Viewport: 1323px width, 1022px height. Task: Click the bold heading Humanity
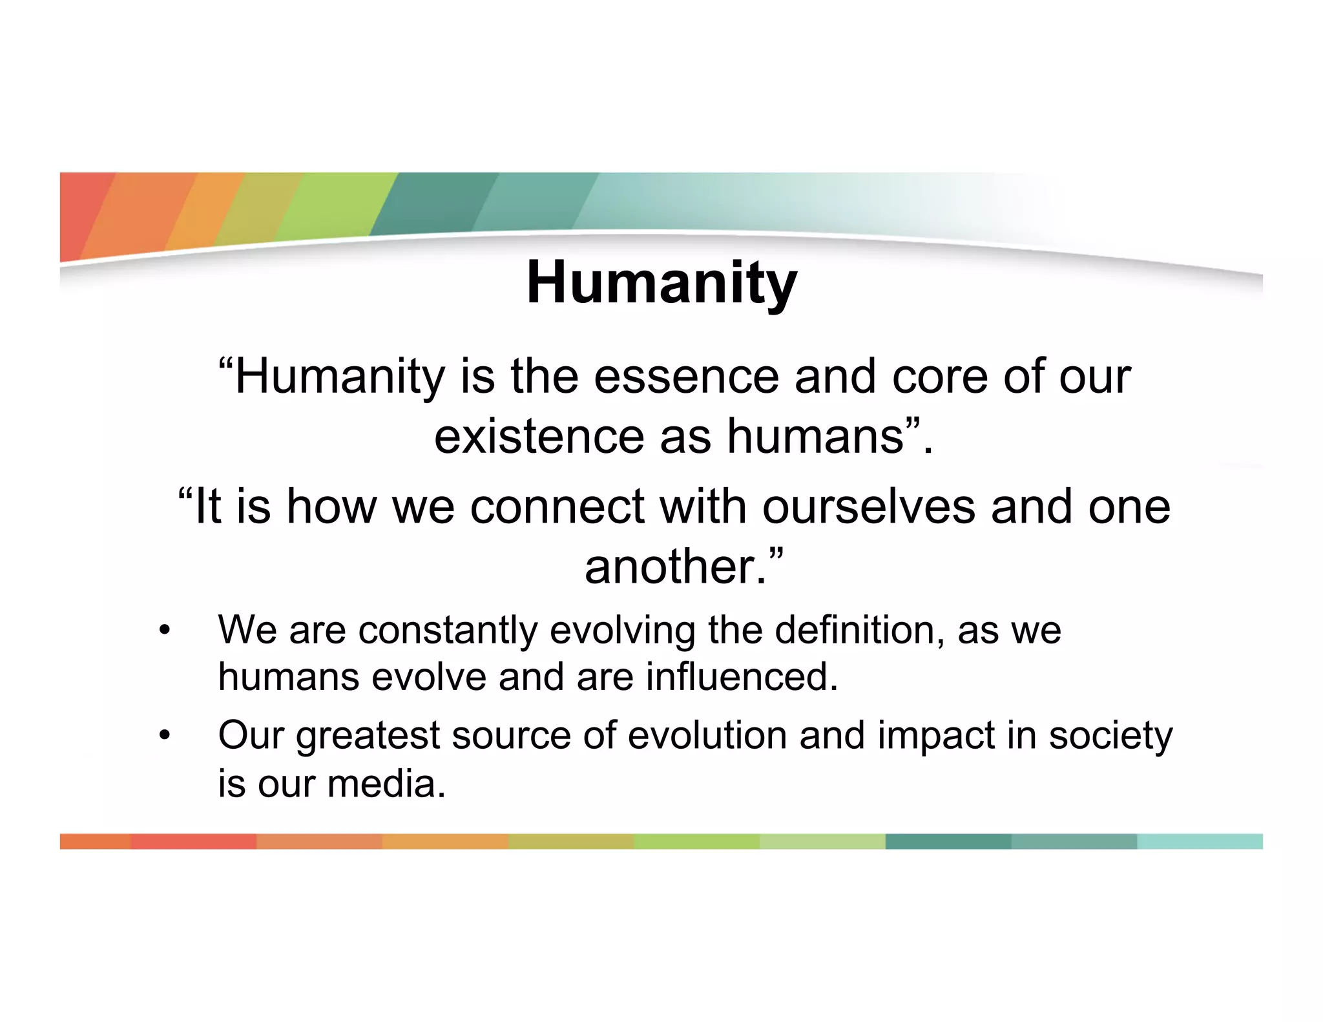(661, 283)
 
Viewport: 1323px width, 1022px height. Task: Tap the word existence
(539, 437)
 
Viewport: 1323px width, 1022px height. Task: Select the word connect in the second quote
(557, 506)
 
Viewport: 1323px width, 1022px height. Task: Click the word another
(675, 567)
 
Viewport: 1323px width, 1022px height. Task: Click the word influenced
(742, 677)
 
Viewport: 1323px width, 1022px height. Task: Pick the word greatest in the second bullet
(367, 736)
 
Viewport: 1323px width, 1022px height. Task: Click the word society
(1110, 736)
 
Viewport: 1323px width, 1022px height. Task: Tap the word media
(386, 784)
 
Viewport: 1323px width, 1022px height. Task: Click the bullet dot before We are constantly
(165, 631)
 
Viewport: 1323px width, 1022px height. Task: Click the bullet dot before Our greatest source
(165, 736)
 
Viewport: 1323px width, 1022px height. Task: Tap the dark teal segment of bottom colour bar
(948, 841)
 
